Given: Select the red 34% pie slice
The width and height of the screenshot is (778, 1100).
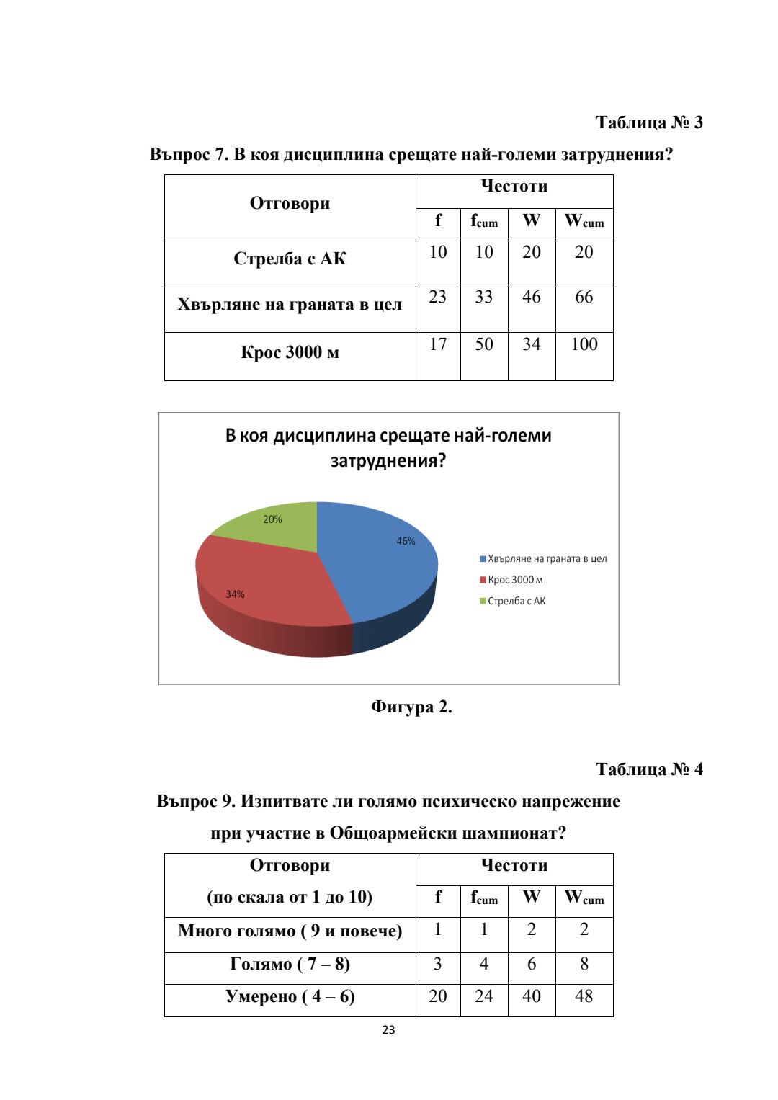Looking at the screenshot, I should point(267,583).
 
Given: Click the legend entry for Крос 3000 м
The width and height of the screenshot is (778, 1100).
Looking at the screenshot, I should point(514,580).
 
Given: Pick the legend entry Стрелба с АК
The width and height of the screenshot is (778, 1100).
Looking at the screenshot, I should point(516,601).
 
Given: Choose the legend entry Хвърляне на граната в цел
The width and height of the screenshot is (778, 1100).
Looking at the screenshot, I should point(546,558).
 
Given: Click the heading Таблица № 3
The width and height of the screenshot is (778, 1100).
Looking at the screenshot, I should point(649,122).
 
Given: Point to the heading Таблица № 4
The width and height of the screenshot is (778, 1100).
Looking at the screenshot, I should point(649,769).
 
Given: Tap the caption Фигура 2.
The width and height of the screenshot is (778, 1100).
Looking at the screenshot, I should point(411,707).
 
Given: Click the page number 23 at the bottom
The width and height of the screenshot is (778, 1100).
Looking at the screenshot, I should point(388,1030).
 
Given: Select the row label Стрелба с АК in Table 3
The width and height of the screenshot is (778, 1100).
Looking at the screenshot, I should point(290,259).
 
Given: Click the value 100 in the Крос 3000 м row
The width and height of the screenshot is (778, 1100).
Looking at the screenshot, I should point(583,344).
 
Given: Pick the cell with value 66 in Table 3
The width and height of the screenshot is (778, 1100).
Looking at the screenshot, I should point(583,297).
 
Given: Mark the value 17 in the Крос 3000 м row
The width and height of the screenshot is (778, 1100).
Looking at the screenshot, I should point(438,344).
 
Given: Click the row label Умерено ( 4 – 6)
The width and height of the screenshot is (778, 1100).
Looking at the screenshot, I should point(290,996).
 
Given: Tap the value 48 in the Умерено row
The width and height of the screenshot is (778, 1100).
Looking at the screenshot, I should point(583,996).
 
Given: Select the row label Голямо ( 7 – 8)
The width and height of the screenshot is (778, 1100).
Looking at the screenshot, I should point(290,964).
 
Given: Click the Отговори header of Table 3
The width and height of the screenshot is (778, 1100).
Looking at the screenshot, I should point(290,203).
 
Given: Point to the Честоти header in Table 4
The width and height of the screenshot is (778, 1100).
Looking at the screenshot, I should point(514,865).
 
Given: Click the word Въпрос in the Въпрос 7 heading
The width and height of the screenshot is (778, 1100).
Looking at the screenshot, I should point(180,154).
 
